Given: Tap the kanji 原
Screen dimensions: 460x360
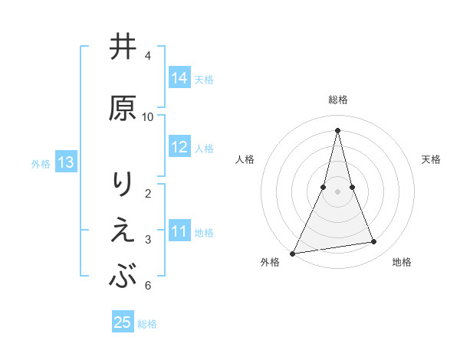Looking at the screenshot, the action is pos(123,108).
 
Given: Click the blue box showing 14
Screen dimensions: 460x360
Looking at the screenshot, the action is pos(179,78).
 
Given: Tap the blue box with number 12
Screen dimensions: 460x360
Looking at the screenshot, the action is pos(179,148).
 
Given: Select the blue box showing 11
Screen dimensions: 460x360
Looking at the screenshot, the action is pos(179,232).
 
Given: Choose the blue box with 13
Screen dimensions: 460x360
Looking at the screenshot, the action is pos(66,162).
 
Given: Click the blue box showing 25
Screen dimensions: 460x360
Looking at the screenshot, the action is pos(123,322).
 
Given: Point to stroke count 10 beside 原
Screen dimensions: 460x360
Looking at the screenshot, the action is pos(148,117).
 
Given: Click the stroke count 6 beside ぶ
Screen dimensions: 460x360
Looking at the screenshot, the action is pos(148,286).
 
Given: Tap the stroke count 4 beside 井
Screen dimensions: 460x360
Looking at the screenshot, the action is pos(148,56).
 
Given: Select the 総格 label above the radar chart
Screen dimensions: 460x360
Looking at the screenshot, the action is pos(337,100).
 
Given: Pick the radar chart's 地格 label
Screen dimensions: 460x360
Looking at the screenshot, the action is pos(402,262).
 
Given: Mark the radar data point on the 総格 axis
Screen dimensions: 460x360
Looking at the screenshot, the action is pos(337,130).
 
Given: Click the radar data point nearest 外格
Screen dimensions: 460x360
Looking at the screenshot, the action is pos(292,253).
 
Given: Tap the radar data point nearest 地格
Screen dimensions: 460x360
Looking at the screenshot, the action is pos(374,242).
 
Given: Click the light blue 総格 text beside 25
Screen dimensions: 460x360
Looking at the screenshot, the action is pos(147,324).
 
